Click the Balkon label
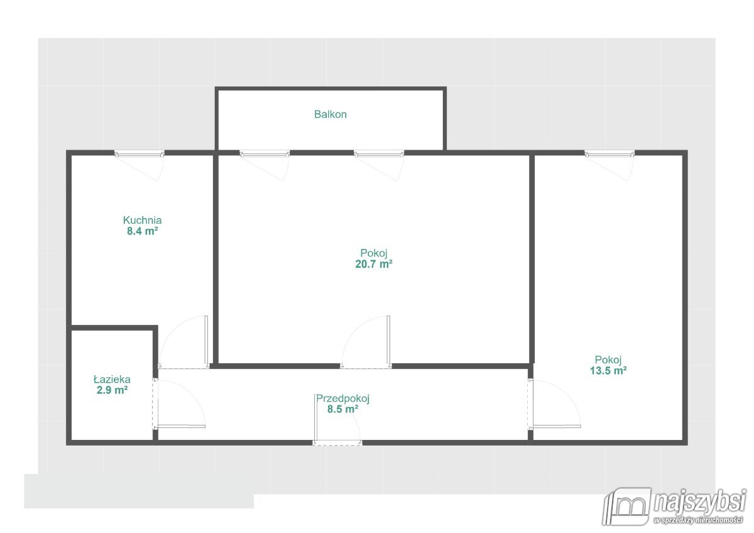pyautogui.click(x=331, y=114)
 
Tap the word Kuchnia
pyautogui.click(x=142, y=220)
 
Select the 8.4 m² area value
pyautogui.click(x=142, y=231)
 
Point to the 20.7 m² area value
pyautogui.click(x=374, y=264)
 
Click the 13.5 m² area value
pyautogui.click(x=608, y=371)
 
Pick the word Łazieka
pyautogui.click(x=112, y=380)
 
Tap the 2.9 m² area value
pyautogui.click(x=112, y=390)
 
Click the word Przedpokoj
pyautogui.click(x=342, y=398)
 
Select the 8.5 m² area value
pyautogui.click(x=342, y=409)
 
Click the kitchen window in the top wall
pyautogui.click(x=139, y=154)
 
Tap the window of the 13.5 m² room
pyautogui.click(x=609, y=154)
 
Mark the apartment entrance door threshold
pyautogui.click(x=337, y=443)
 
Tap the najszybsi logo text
pyautogui.click(x=700, y=501)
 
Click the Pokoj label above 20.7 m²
pyautogui.click(x=374, y=253)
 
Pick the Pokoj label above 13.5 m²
pyautogui.click(x=608, y=360)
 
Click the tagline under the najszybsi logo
pyautogui.click(x=698, y=520)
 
